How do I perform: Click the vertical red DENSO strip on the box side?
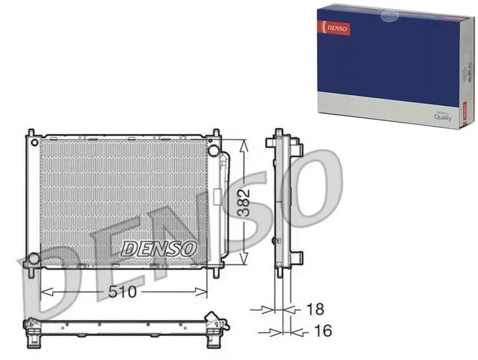[463, 109]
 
